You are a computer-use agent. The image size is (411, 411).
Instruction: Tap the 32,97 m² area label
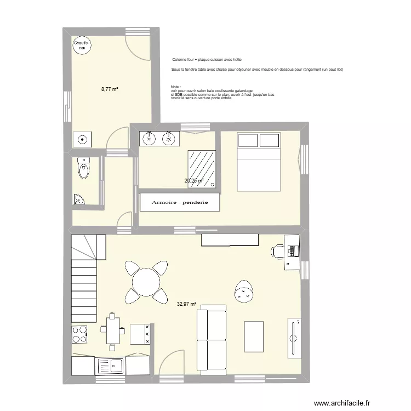tap(186, 302)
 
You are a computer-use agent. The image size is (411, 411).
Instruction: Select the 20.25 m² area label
tap(194, 180)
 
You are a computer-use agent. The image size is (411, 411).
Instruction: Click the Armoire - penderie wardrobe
tap(180, 202)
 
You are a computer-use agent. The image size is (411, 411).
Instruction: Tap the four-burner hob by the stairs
tap(80, 334)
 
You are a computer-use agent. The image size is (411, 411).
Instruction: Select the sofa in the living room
tap(212, 342)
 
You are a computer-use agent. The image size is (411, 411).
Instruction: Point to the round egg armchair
tap(244, 291)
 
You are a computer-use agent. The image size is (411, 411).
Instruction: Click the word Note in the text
tap(175, 87)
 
